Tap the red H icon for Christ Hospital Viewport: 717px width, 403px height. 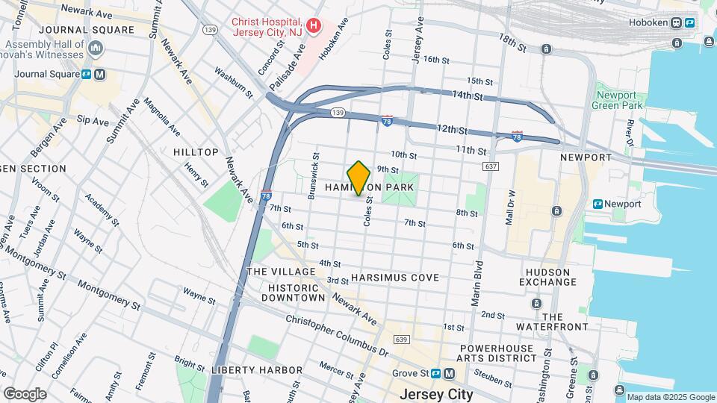314,26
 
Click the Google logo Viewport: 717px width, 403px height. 25,393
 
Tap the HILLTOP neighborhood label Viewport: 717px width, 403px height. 196,152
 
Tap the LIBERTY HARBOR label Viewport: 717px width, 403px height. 257,370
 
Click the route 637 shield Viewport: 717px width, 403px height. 490,166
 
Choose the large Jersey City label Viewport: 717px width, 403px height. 437,394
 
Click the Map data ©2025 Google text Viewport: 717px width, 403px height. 670,397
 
